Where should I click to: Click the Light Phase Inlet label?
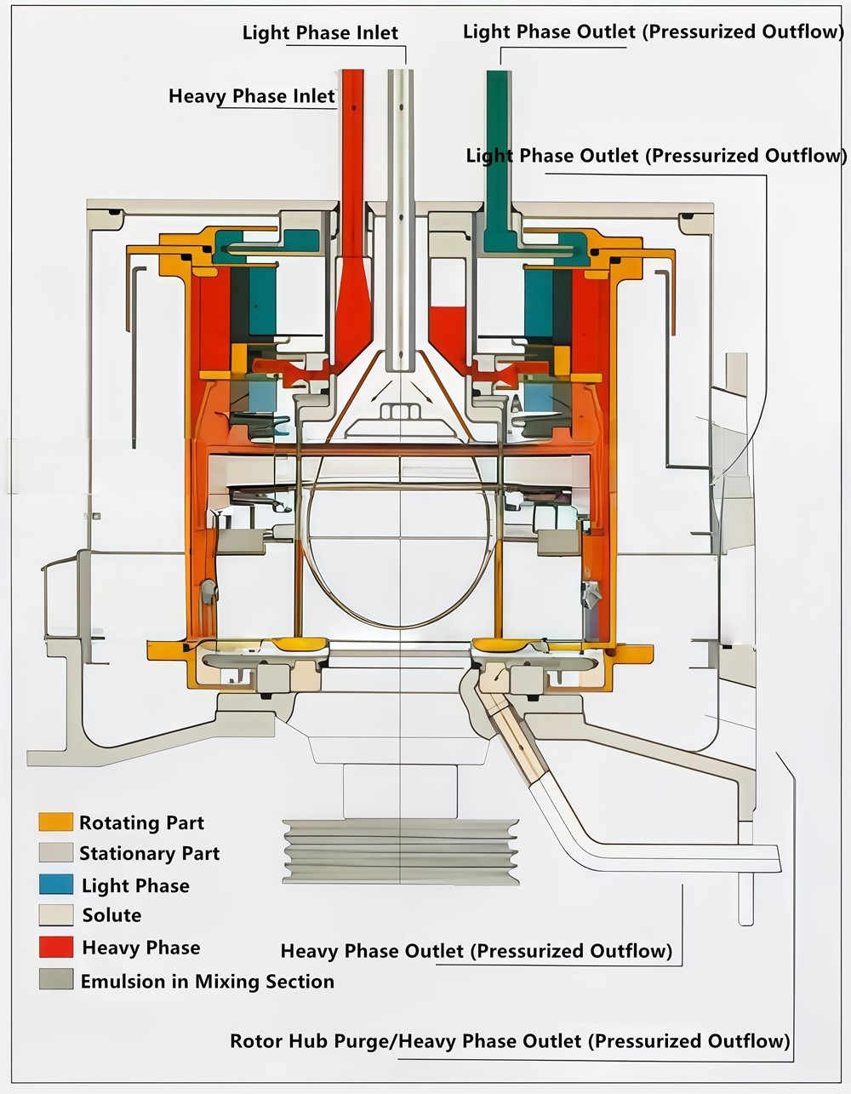pos(320,33)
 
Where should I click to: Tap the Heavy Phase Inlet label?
pos(252,96)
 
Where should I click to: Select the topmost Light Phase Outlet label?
pos(653,32)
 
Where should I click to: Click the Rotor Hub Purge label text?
pos(312,1041)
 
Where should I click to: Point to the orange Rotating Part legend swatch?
pos(55,822)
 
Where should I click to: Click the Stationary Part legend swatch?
pos(55,852)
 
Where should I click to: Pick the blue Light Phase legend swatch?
pos(55,884)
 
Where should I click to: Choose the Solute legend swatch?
pos(55,915)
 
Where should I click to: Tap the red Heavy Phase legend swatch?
pos(55,947)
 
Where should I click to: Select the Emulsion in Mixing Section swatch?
pos(55,979)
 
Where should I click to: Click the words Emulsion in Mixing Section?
pos(207,982)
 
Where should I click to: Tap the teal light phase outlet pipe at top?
pos(498,153)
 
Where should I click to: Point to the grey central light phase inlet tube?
pos(400,213)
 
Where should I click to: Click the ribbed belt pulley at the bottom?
pos(400,851)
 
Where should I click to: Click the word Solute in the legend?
pos(111,916)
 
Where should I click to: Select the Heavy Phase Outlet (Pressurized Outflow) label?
pos(477,951)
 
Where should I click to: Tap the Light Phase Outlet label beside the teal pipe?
pos(656,157)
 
